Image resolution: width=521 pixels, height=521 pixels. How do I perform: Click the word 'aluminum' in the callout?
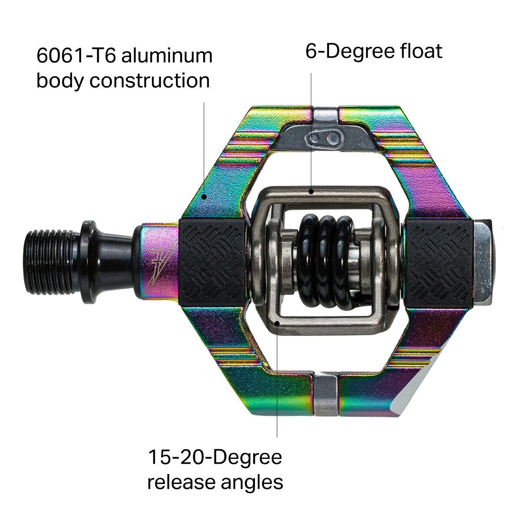(167, 56)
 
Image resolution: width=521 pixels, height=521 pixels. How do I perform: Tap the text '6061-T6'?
(76, 56)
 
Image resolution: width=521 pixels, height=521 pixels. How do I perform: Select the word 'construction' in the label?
(149, 80)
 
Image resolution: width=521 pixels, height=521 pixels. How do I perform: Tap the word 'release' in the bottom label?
(181, 483)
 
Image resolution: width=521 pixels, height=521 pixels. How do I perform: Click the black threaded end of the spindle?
(51, 262)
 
